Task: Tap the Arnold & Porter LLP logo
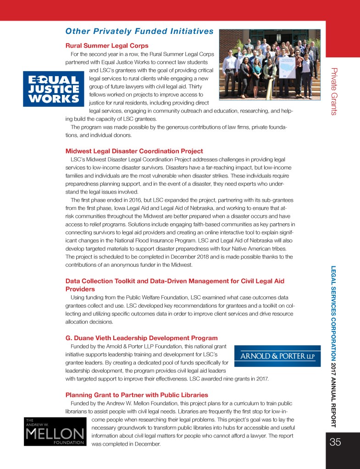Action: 278,356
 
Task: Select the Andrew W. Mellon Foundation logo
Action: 54,431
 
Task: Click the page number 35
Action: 335,442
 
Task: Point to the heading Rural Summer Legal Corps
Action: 107,46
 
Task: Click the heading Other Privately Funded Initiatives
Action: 139,31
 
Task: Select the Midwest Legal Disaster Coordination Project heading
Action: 134,151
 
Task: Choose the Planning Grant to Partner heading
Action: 137,395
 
